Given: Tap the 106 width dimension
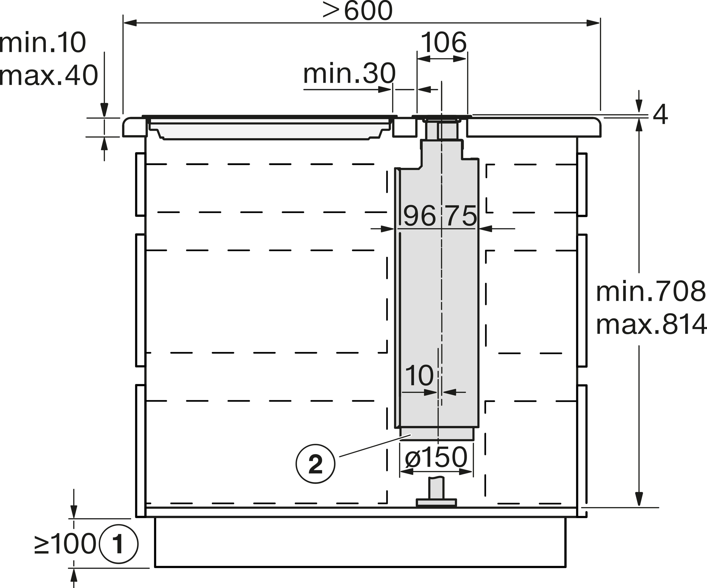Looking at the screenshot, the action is (444, 42).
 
